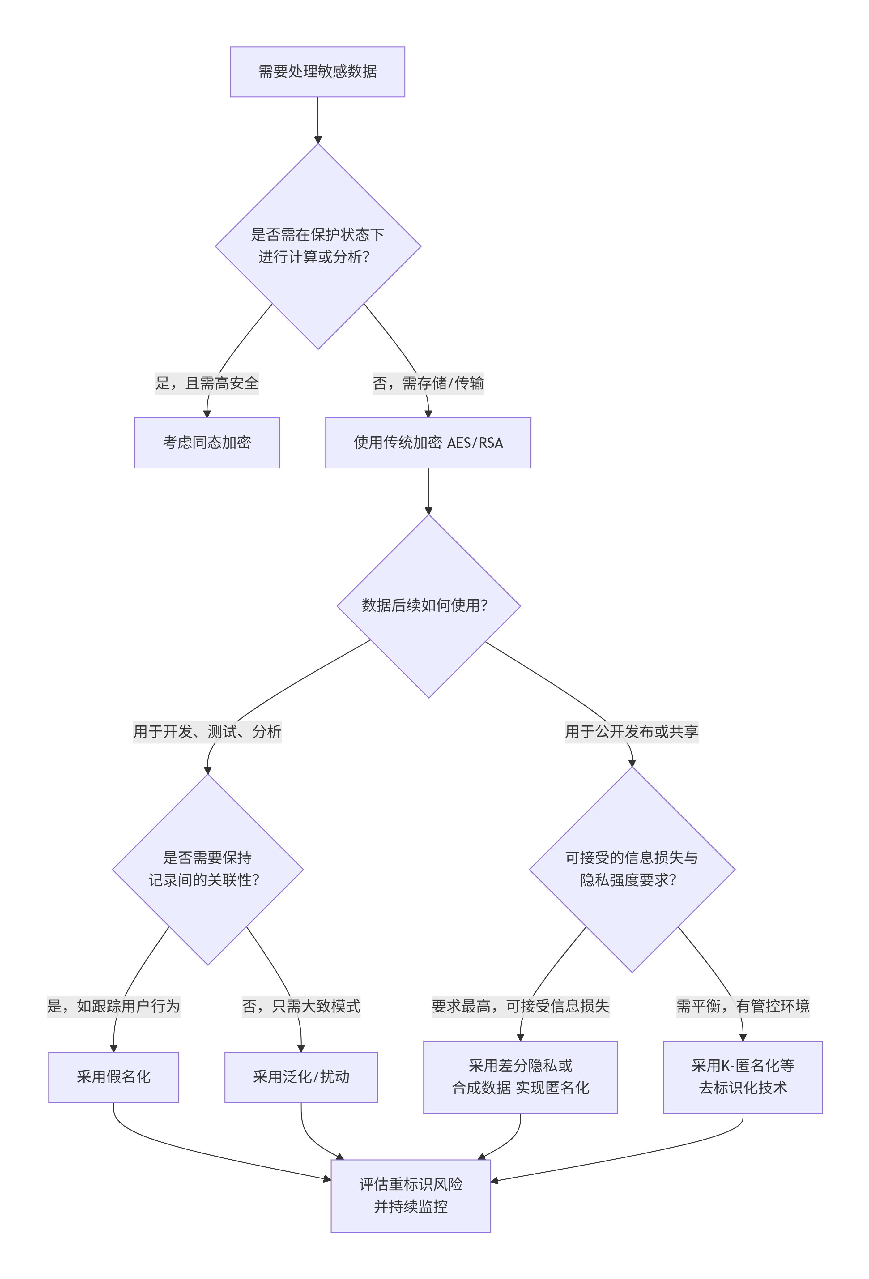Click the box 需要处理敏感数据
(x=317, y=72)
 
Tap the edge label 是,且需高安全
(x=207, y=383)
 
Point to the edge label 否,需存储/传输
(x=428, y=383)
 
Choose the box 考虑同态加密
(x=207, y=443)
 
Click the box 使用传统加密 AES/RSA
(x=428, y=443)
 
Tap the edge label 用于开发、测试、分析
(x=207, y=732)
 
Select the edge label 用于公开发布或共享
(x=632, y=732)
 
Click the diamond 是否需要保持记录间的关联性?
(x=208, y=870)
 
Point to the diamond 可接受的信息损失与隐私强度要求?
(x=632, y=870)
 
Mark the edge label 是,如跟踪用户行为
(x=114, y=1007)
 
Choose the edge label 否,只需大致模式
(x=301, y=1007)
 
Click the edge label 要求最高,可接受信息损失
(x=521, y=1007)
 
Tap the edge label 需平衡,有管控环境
(x=743, y=1007)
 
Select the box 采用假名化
(x=114, y=1078)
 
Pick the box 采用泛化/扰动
(x=301, y=1078)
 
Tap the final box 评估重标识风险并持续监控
(x=411, y=1196)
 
